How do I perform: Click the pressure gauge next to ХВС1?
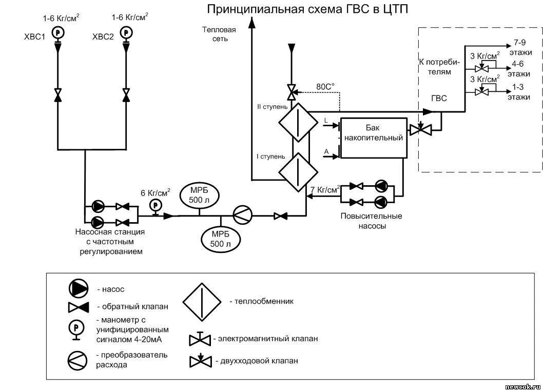(57, 32)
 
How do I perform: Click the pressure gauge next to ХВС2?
(126, 32)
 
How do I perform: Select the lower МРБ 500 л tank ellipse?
(221, 239)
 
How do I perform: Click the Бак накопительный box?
(373, 138)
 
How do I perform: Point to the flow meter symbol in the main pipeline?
(242, 215)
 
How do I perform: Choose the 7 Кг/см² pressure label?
(325, 190)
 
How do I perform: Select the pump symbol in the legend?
(78, 289)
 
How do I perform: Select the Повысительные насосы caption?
(371, 221)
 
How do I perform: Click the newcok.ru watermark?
(522, 386)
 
